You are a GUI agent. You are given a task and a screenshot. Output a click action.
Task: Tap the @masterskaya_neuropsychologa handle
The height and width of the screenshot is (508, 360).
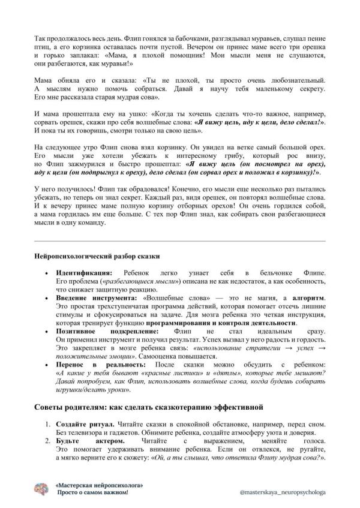pos(282,491)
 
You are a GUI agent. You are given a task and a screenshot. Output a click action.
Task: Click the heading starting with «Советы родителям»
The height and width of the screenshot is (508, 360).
pos(149,408)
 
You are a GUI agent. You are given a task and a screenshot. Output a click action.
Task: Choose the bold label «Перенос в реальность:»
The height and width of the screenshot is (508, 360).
pos(103,364)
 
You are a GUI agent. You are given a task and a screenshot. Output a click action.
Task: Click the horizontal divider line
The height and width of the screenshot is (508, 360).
pos(180,241)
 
